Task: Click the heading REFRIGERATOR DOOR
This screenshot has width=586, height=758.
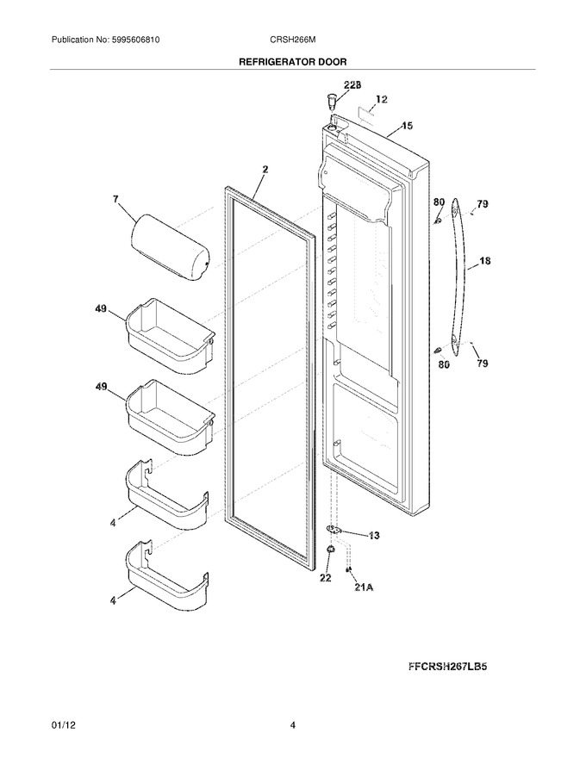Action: pos(293,62)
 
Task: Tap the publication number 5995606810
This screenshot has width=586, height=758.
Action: pos(135,40)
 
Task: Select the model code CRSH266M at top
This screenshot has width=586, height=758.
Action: pos(293,40)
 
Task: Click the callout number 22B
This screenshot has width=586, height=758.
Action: pos(352,84)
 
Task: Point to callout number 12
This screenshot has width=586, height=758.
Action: pos(381,100)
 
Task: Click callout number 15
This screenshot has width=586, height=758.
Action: pos(407,126)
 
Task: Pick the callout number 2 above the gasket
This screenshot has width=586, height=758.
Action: pos(265,170)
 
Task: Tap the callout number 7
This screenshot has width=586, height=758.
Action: pos(116,199)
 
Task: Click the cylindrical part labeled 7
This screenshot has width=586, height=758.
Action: pos(170,248)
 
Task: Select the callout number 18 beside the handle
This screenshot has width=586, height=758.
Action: pos(484,261)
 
